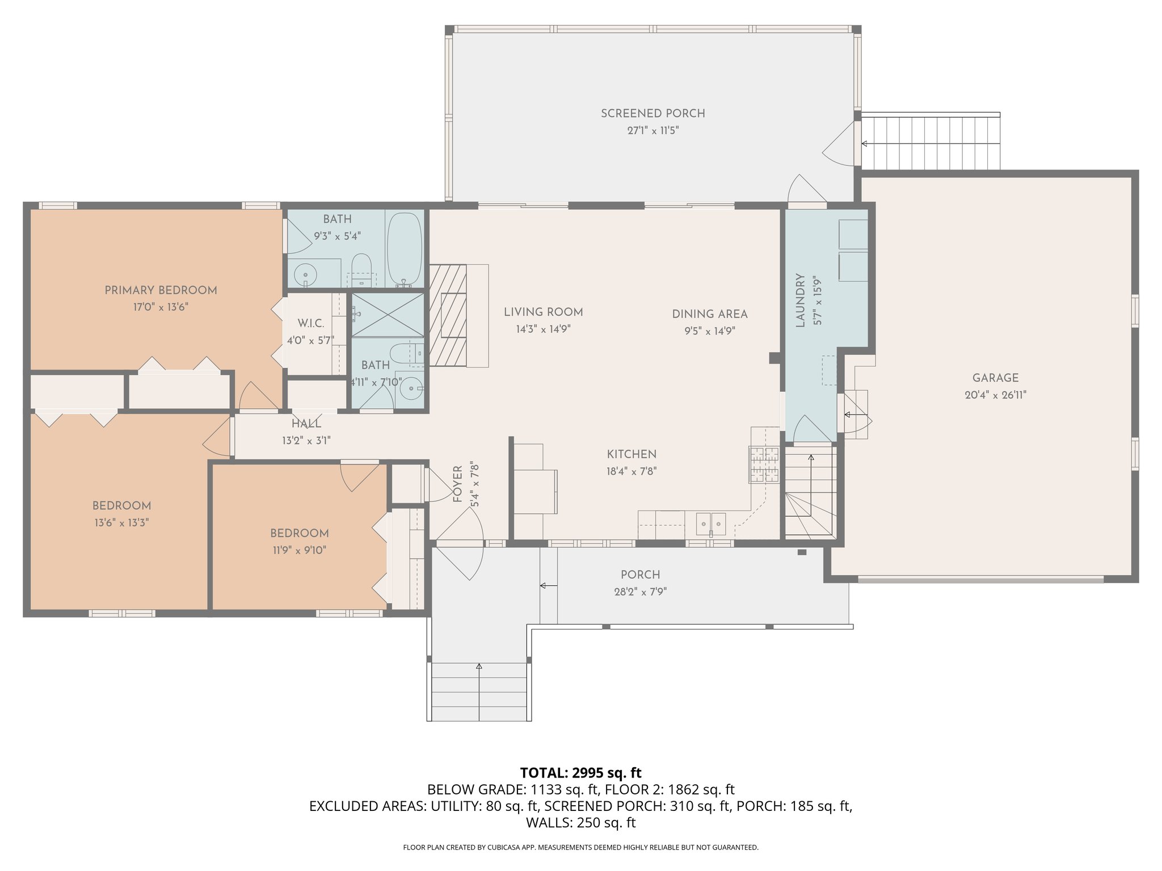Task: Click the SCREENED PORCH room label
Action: tap(653, 113)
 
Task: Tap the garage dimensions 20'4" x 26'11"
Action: tap(995, 395)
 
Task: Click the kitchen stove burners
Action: tap(764, 464)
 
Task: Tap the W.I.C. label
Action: tap(311, 324)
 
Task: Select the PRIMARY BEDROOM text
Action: tap(161, 290)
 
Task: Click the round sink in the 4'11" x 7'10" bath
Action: tap(409, 389)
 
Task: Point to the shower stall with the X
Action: tap(388, 314)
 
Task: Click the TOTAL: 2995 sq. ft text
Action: tap(580, 772)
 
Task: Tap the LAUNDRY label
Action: tap(801, 301)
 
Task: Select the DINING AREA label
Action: tap(710, 314)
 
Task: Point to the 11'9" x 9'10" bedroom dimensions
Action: tap(299, 550)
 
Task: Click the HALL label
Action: tap(306, 424)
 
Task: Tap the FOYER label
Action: tap(458, 484)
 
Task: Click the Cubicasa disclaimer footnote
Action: tap(580, 847)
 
